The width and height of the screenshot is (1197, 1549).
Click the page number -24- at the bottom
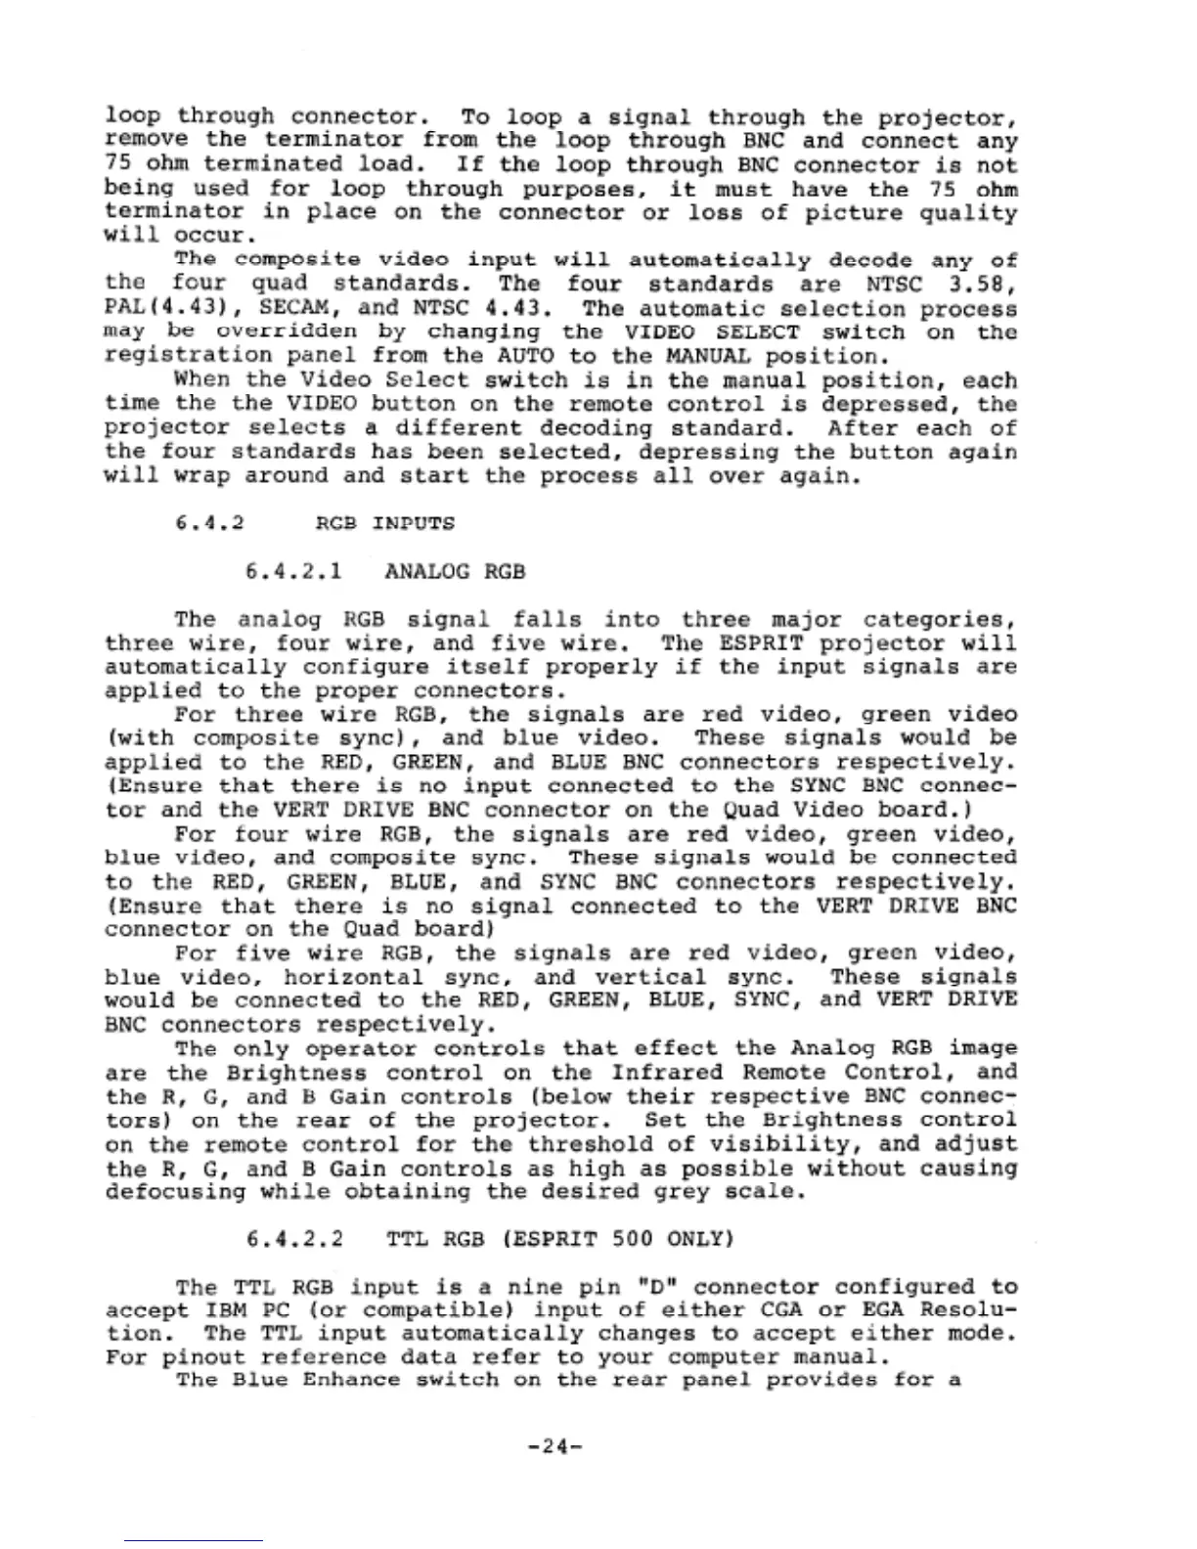[554, 1444]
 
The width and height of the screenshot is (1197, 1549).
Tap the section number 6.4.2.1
[294, 571]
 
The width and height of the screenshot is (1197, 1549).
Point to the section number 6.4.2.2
[294, 1239]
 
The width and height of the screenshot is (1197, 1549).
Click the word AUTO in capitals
[524, 355]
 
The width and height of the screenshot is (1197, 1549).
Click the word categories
[938, 620]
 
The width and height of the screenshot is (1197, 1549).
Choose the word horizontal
[353, 977]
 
